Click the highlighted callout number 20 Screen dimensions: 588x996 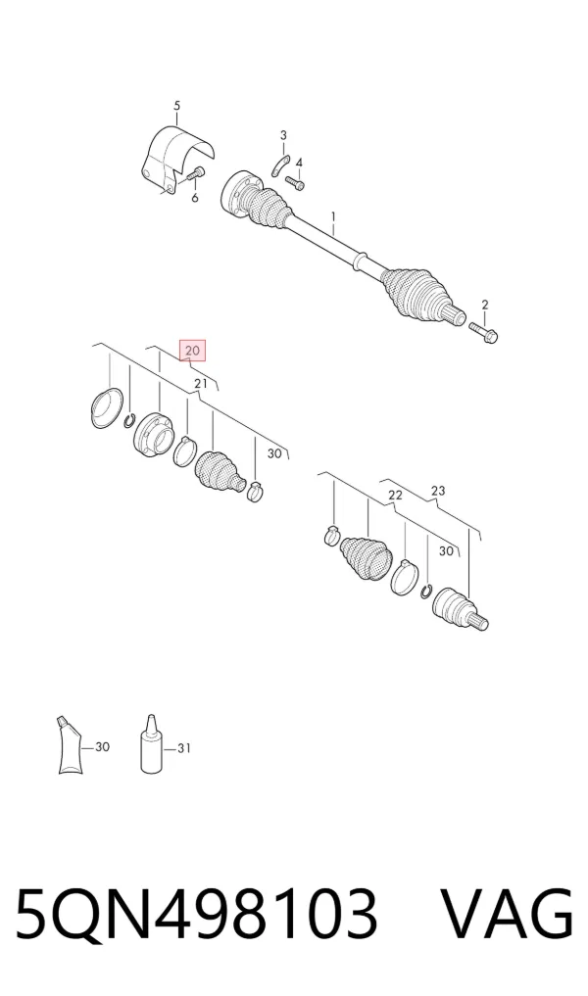pos(193,350)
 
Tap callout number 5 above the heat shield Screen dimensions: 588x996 pos(176,106)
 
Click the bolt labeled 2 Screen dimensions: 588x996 pos(484,330)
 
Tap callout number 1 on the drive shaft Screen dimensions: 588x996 pos(332,218)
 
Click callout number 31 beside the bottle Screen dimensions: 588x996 pos(184,748)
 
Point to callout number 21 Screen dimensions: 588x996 pos(201,384)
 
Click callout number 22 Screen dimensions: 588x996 pos(395,495)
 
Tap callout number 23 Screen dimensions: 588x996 pos(438,491)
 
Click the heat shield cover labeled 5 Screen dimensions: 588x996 pos(176,159)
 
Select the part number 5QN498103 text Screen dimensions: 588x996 pos(196,914)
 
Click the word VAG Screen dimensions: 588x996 pos(508,914)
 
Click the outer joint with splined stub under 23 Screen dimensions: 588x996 pos(460,611)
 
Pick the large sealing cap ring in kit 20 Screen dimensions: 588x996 pos(106,407)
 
